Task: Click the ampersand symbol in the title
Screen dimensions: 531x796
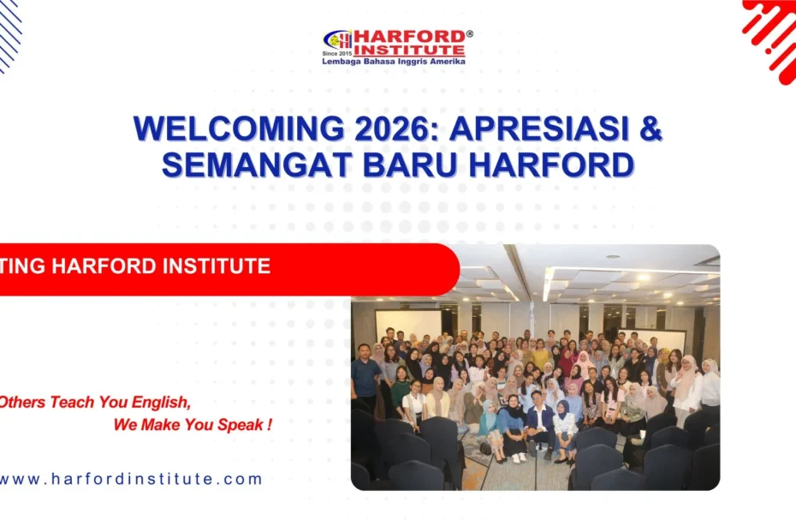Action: click(x=651, y=128)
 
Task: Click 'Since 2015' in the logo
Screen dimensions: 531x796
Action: click(x=337, y=53)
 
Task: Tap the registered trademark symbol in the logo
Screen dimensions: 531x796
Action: click(x=469, y=34)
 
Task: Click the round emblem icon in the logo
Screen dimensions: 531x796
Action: click(x=337, y=39)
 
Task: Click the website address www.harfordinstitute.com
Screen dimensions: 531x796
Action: click(x=130, y=479)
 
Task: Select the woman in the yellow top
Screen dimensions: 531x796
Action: click(x=541, y=351)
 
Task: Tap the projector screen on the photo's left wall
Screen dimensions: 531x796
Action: click(x=408, y=325)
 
